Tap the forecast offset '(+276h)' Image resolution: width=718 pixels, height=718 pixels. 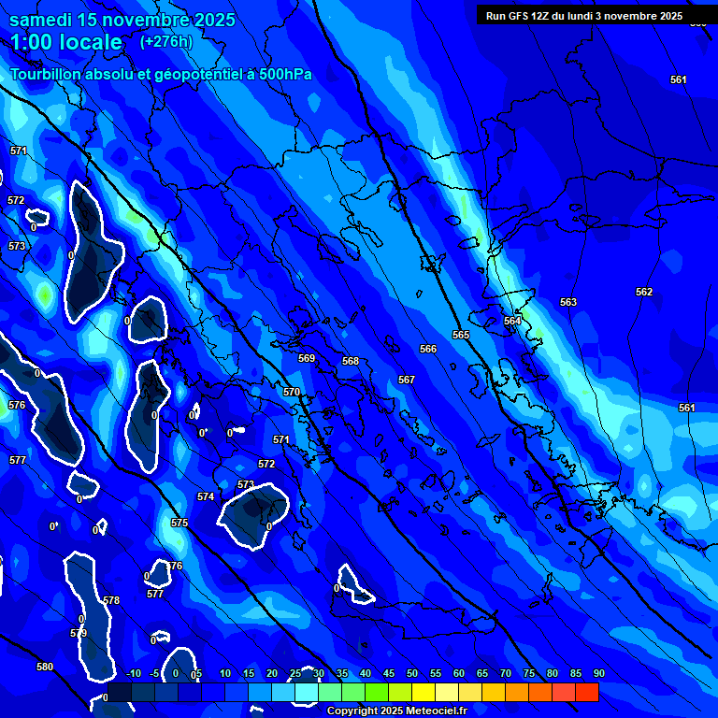coord(166,41)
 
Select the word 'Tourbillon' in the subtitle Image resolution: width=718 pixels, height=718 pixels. coord(50,75)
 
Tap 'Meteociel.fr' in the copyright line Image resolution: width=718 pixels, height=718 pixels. coord(427,711)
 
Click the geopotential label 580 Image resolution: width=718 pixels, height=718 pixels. coord(45,667)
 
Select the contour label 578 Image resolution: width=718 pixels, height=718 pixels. coord(111,600)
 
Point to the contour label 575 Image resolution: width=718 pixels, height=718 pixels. coord(179,523)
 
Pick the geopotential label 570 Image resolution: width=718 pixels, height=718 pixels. coord(292,392)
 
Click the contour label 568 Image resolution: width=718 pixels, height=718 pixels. coord(351,361)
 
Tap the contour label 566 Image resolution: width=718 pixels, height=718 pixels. coord(428,349)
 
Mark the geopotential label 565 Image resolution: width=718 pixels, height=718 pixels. coord(461,335)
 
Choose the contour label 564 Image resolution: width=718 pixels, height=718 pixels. coord(512,321)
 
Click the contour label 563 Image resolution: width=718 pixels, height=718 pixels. coord(568,302)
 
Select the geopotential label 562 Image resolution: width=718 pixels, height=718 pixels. coord(644,292)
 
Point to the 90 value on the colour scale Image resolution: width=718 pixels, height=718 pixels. coord(598,673)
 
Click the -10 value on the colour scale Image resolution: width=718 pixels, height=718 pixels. coord(134,673)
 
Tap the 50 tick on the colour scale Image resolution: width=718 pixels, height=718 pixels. coord(412,673)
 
